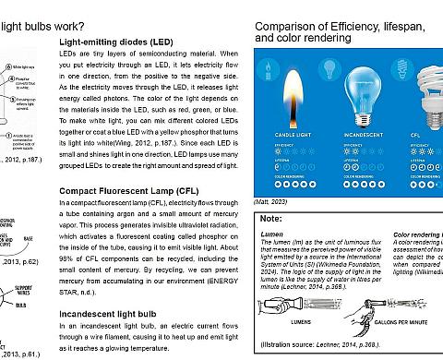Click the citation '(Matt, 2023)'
(x=272, y=199)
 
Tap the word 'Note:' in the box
(x=272, y=219)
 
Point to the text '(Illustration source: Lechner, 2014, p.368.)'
(x=318, y=346)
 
